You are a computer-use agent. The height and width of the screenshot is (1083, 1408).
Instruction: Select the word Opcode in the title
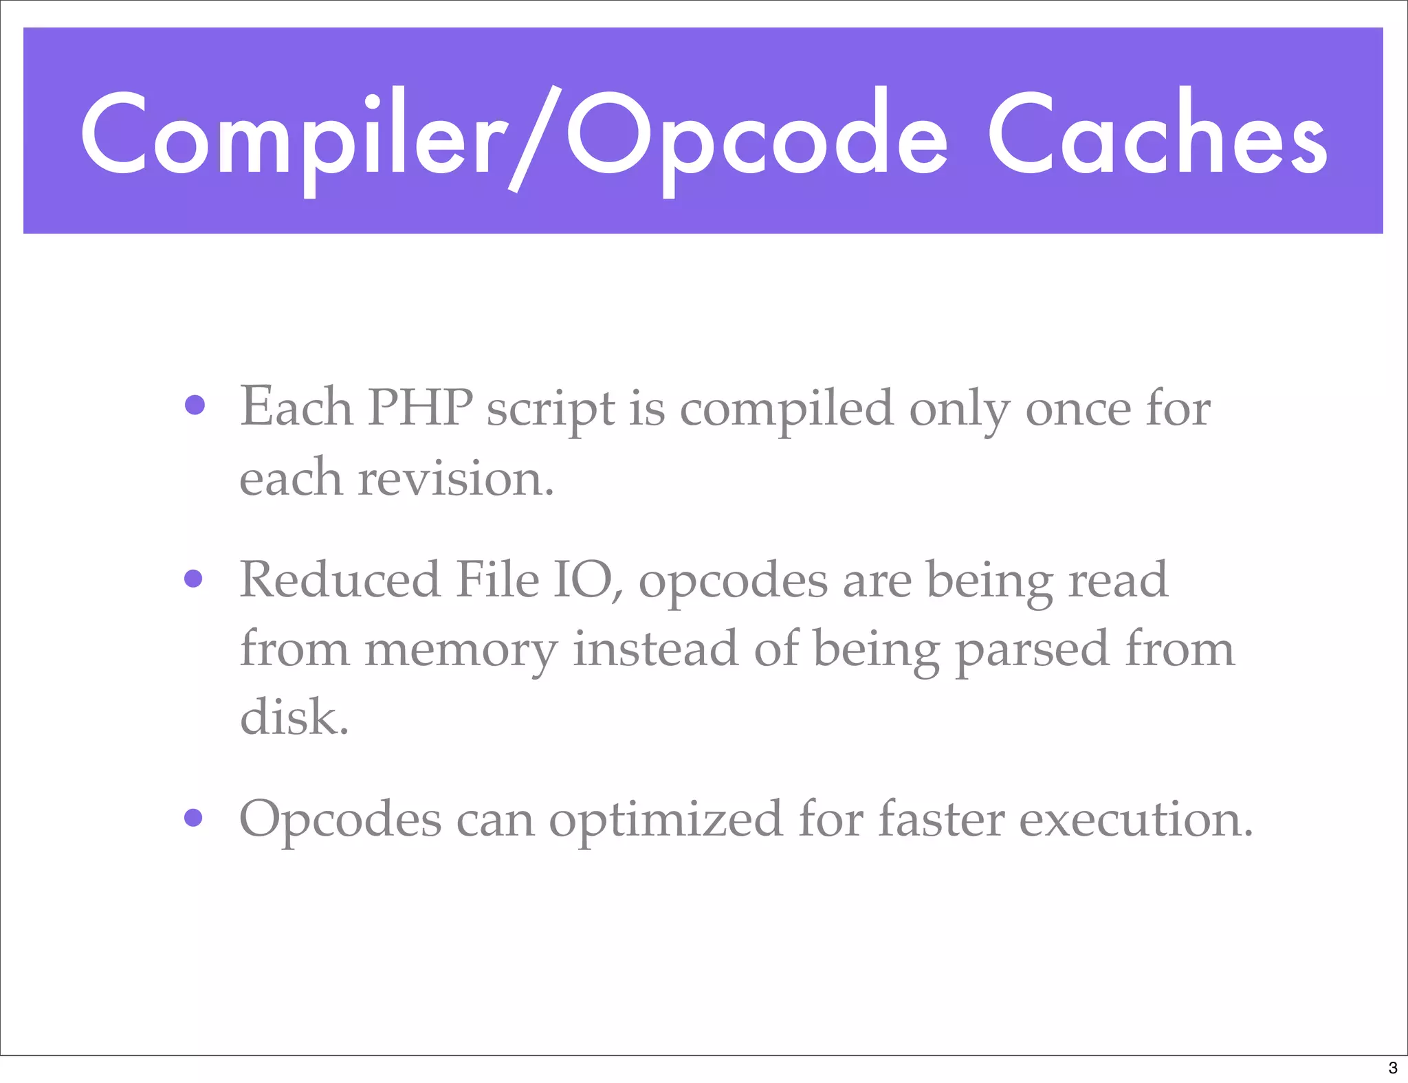pos(756,137)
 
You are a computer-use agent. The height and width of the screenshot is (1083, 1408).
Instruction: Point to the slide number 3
pos(1393,1068)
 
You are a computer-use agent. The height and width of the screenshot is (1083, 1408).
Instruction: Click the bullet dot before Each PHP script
pos(195,405)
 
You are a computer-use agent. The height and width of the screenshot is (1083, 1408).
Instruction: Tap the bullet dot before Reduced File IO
pos(194,579)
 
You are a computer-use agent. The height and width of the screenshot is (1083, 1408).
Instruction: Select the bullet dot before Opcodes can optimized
pos(194,817)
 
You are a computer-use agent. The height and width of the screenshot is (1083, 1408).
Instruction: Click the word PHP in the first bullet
pos(419,407)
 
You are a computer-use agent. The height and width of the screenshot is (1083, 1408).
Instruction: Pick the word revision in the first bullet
pos(455,478)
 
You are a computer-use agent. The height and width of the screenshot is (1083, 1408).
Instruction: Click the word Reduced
pos(340,580)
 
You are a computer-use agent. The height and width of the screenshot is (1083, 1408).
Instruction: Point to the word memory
pos(461,650)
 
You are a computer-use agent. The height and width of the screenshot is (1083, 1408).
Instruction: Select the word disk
pos(294,717)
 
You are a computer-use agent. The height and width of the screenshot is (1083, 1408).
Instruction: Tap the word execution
pos(1136,819)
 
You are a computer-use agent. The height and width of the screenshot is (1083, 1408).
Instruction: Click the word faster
pos(942,819)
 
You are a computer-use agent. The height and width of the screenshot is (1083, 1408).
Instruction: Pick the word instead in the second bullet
pos(656,649)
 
